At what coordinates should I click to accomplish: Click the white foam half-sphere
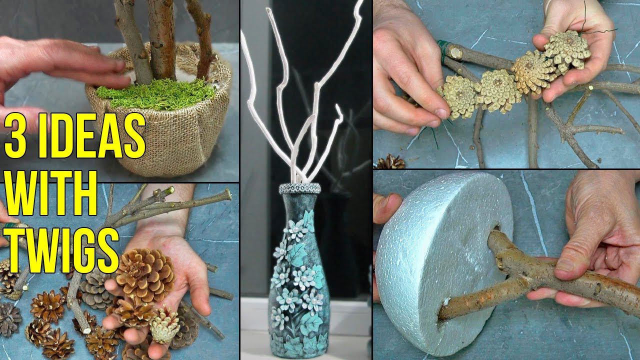(440, 260)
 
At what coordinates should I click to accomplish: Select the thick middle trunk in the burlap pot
(162, 40)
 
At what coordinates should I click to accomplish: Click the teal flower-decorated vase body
(298, 280)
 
